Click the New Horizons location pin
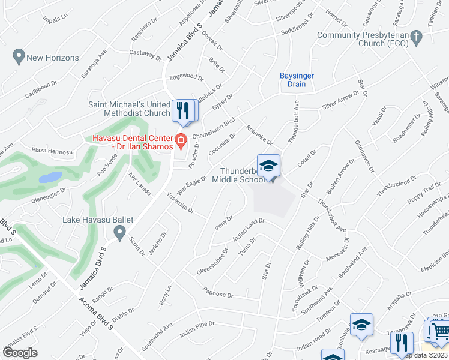[x=17, y=58]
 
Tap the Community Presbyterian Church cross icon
[x=414, y=37]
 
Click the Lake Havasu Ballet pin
[x=119, y=231]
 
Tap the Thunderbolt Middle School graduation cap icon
[x=268, y=166]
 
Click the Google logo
[x=20, y=352]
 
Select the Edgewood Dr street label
[x=186, y=77]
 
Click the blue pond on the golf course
[x=50, y=177]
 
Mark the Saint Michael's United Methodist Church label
[x=129, y=109]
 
